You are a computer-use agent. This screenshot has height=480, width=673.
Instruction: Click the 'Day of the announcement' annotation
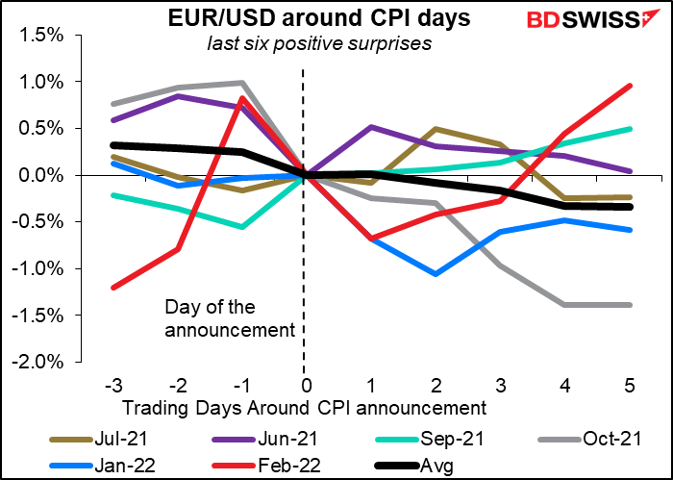tap(228, 319)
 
